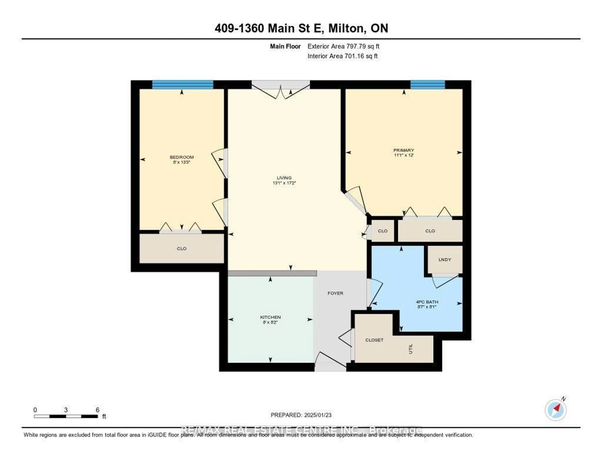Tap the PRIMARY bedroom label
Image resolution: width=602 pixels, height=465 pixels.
(x=404, y=150)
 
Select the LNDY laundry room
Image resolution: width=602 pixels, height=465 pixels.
(x=445, y=260)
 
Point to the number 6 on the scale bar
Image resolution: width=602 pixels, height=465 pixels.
(x=97, y=410)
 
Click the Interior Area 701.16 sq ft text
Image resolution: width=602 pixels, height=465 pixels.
(x=342, y=56)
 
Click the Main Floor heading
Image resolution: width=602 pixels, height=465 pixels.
(x=285, y=46)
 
